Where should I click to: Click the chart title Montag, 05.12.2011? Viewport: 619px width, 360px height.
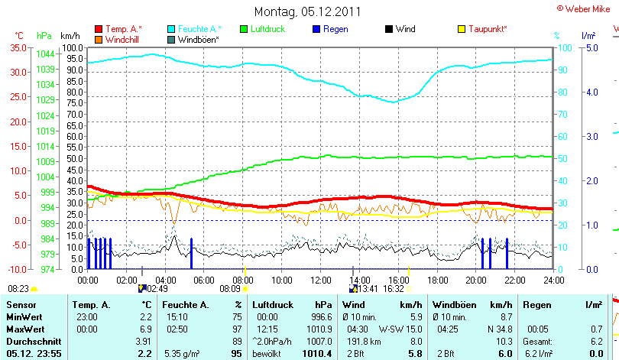[307, 12]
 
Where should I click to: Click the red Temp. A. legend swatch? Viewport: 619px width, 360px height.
[99, 29]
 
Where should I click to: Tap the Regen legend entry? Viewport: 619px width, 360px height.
[335, 29]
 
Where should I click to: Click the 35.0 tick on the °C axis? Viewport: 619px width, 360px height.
[18, 47]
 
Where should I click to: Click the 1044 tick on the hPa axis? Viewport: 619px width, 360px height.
[45, 54]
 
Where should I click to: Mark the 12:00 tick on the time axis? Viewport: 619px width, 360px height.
[321, 280]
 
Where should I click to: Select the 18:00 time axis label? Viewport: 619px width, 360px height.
[438, 280]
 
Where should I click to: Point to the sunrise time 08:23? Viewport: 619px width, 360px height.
[18, 289]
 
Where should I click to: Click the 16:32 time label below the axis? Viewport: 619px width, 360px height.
[394, 289]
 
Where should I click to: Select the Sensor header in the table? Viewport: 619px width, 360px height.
[21, 305]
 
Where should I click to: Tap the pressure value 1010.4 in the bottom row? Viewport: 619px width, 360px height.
[316, 354]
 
